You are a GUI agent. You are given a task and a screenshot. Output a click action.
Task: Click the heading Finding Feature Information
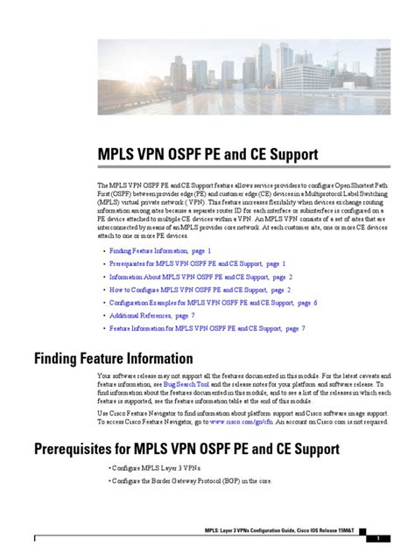click(x=113, y=358)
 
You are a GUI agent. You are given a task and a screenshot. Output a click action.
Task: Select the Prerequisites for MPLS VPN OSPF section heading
click(x=186, y=451)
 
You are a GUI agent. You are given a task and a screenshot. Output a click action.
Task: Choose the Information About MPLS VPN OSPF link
click(x=200, y=276)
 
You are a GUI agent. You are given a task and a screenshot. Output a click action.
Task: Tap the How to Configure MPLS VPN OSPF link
click(x=200, y=290)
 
